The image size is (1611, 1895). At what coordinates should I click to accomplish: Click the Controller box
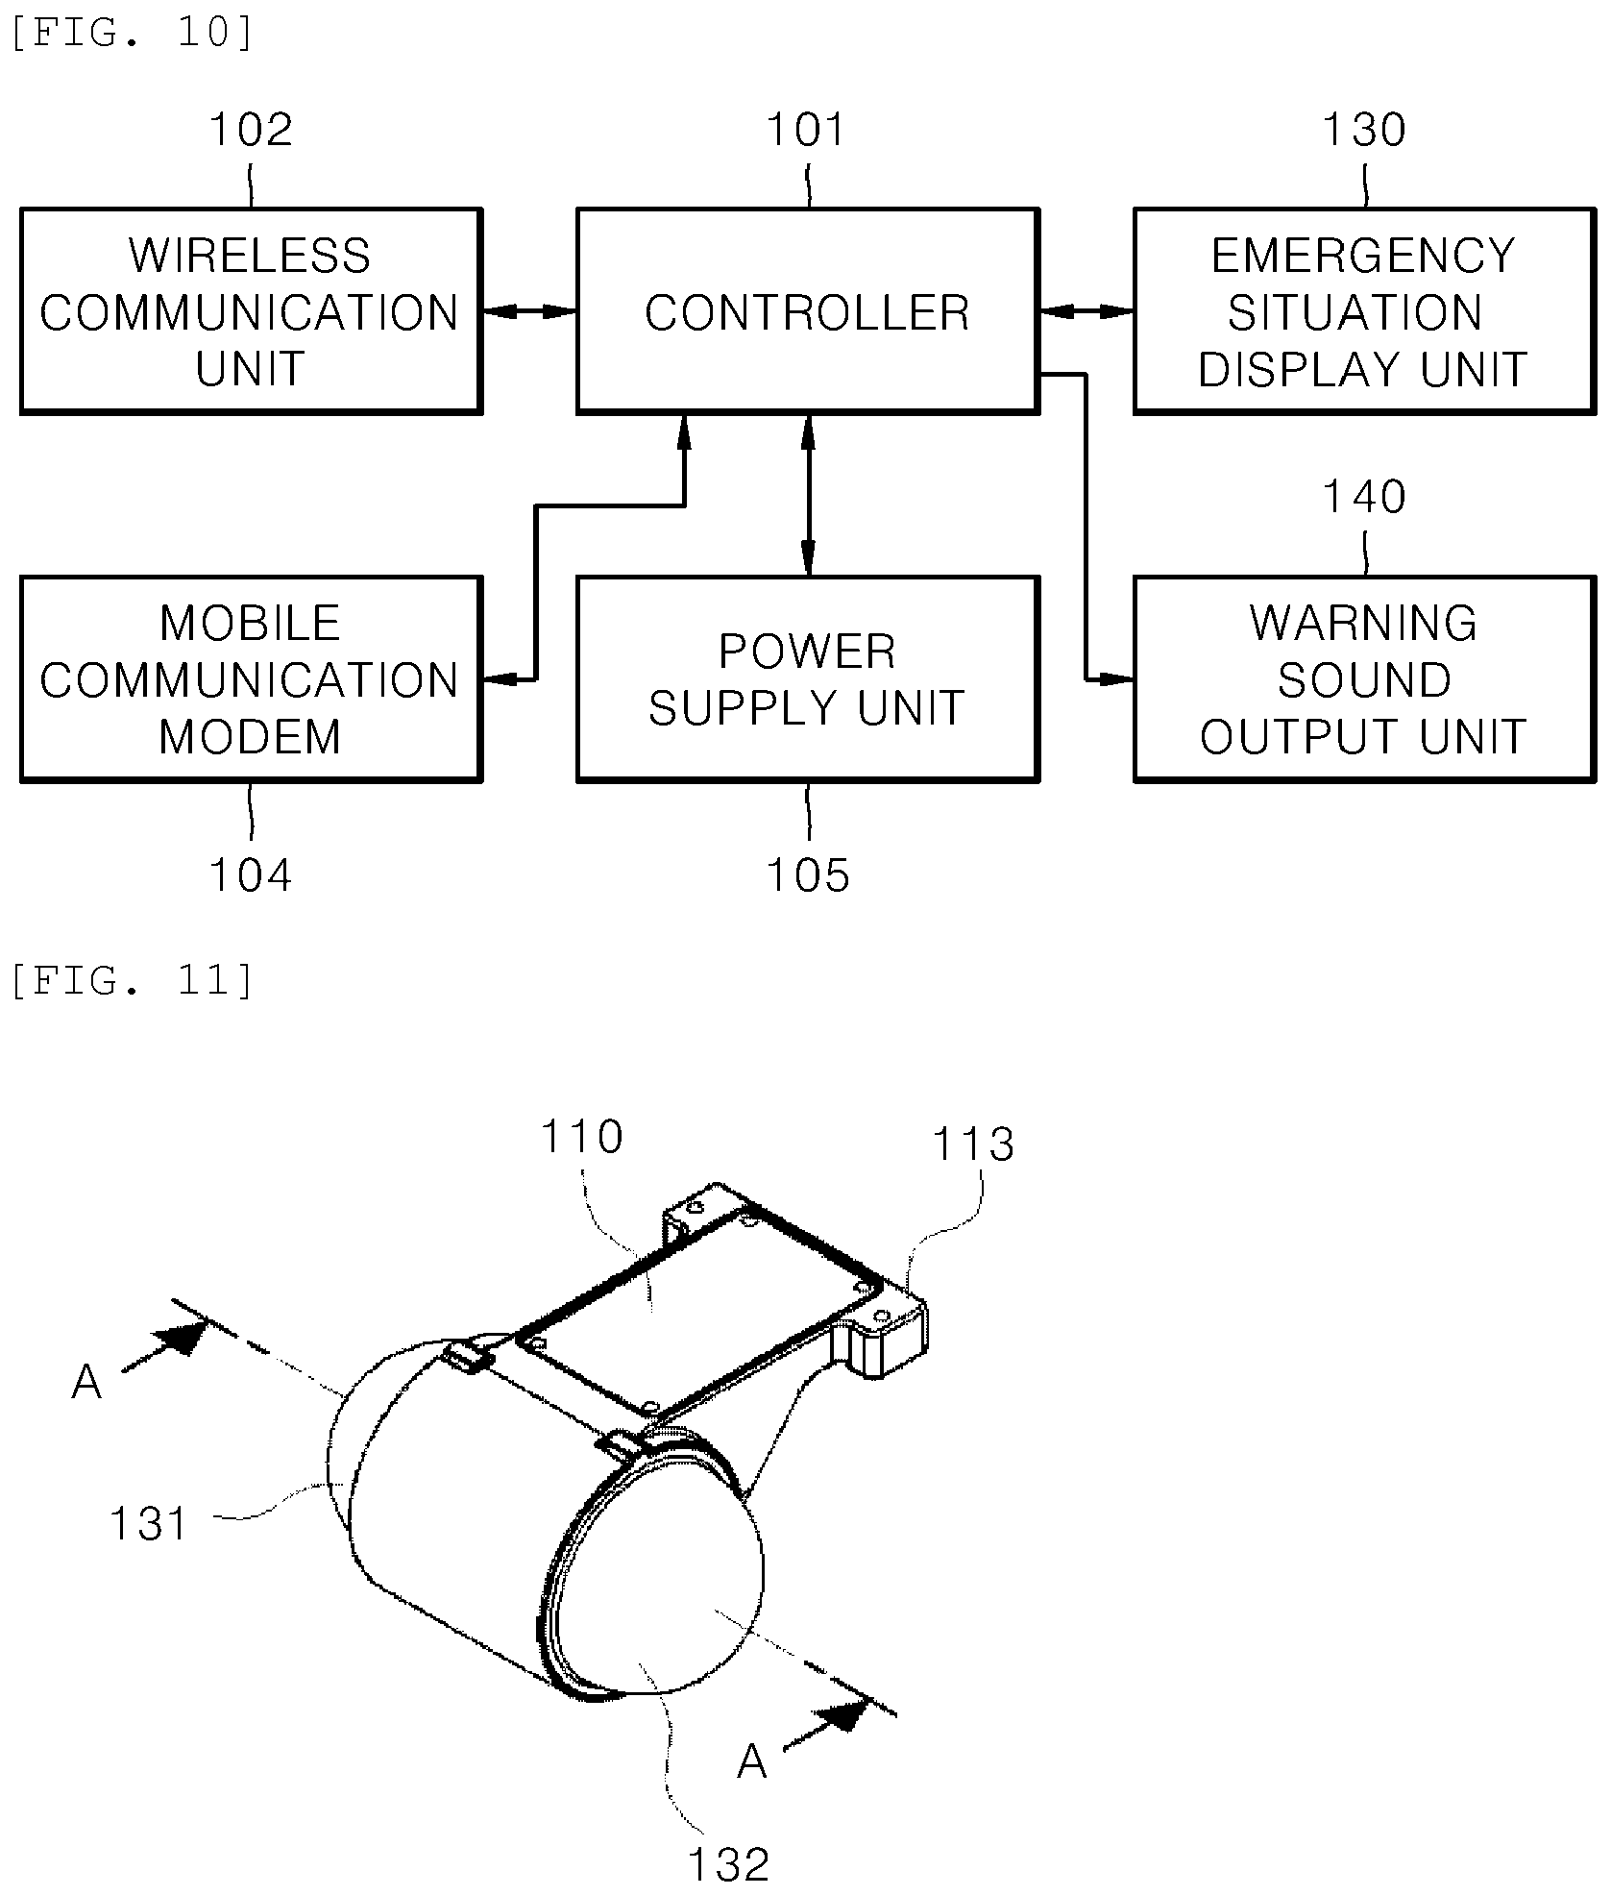click(x=807, y=311)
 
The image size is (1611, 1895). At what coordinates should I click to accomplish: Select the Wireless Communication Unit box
click(x=251, y=311)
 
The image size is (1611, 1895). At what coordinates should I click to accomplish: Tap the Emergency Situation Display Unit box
click(x=1364, y=311)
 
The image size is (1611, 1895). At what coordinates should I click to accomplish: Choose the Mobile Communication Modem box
click(x=251, y=679)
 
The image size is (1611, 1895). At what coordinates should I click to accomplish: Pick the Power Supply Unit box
click(x=807, y=679)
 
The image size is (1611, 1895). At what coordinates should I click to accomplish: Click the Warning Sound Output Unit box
click(x=1364, y=679)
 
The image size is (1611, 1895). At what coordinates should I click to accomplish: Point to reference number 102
click(x=251, y=130)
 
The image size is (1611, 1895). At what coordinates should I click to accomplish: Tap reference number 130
click(x=1364, y=130)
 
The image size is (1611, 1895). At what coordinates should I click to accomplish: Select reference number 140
click(x=1364, y=497)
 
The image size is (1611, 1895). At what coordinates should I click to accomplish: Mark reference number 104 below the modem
click(x=251, y=875)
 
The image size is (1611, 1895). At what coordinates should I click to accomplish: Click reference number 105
click(x=808, y=875)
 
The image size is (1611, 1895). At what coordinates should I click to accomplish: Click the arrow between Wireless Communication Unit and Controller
click(x=529, y=311)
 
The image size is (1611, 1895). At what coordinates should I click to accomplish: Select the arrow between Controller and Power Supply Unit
click(x=808, y=495)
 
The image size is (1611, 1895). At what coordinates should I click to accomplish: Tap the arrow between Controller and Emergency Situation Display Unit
click(x=1086, y=311)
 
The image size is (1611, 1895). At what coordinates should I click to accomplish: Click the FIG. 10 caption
click(x=133, y=34)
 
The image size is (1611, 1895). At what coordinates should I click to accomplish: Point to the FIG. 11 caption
click(x=133, y=980)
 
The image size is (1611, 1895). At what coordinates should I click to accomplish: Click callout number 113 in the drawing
click(x=973, y=1144)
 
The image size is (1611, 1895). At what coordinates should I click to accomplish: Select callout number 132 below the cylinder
click(x=728, y=1865)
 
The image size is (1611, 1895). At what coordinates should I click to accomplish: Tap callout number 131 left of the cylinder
click(x=149, y=1523)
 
